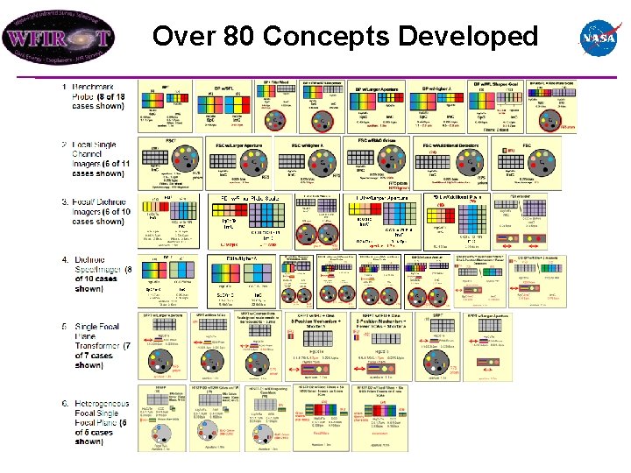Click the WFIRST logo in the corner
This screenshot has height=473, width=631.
[58, 38]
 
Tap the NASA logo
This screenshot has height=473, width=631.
[600, 38]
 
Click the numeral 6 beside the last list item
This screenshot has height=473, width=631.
[64, 402]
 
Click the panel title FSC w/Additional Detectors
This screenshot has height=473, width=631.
[455, 145]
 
